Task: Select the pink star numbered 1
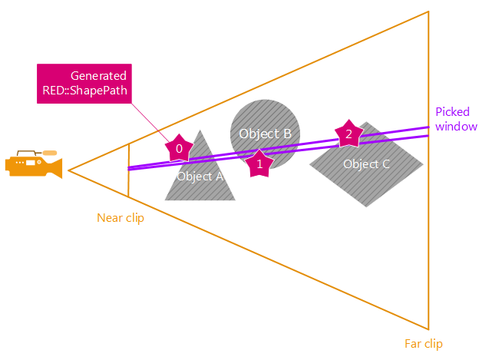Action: coord(259,163)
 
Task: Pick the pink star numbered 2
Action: coord(349,134)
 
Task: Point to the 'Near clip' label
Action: coord(121,218)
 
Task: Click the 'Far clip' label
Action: coord(423,343)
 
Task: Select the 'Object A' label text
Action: coord(200,177)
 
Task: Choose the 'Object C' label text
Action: coord(366,163)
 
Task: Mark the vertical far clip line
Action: coord(428,230)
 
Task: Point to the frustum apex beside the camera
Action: coord(69,170)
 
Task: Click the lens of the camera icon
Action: coord(58,168)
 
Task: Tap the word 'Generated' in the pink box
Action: coord(98,76)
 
